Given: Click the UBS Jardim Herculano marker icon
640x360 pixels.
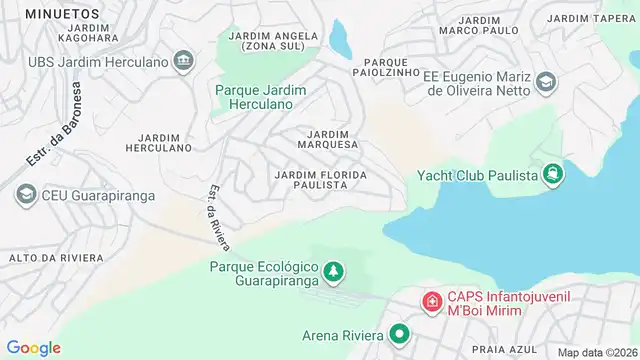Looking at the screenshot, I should coord(183,63).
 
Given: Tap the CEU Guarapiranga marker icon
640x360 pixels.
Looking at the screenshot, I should coord(26,195).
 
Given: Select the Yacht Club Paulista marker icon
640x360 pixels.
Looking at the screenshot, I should coord(553,176).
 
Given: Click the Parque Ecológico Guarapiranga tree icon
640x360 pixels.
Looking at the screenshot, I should coord(332,270).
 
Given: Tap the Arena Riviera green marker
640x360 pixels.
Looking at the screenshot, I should coord(400,335).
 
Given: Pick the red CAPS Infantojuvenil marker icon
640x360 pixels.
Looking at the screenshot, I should coord(431,300).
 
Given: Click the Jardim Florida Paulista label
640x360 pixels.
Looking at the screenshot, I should coord(320,180).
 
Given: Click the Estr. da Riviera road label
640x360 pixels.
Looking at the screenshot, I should coord(218,218).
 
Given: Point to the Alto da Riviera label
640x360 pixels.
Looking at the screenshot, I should coord(55,258).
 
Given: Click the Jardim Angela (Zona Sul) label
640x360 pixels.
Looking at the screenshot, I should coord(273,41).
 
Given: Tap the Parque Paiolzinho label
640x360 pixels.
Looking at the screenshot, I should coord(386,66).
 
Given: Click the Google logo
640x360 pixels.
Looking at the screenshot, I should coord(33,347).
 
